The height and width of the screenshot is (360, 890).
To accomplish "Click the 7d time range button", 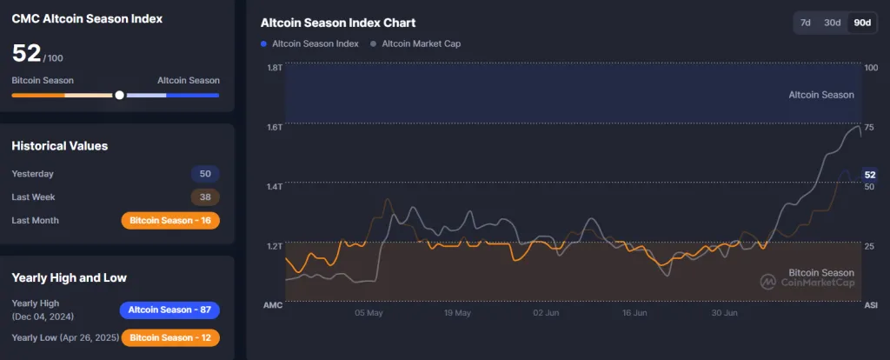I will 806,23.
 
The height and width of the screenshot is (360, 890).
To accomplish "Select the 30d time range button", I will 833,23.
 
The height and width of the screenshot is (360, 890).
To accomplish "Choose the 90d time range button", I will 862,23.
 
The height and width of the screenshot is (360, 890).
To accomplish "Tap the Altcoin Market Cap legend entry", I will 417,43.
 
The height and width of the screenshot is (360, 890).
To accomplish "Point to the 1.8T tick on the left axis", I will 275,68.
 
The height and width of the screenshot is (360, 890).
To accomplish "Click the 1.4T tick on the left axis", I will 275,187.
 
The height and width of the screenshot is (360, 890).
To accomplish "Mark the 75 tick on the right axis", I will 870,127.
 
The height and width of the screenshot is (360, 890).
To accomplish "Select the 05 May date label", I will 369,312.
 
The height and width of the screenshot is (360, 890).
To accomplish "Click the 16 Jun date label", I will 635,312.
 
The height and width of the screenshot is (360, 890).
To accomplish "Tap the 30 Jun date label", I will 725,312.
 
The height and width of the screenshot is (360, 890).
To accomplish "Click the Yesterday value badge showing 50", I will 206,174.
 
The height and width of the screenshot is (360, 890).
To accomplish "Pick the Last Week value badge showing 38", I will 206,197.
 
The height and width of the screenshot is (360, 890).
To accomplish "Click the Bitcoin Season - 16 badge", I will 170,221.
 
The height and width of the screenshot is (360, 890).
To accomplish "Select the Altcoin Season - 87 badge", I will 169,310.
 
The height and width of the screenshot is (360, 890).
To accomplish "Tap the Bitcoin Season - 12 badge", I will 170,337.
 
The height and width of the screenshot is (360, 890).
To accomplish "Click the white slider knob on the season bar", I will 119,95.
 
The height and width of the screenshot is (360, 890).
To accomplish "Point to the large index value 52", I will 26,53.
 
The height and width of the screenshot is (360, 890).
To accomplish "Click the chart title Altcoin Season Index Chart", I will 338,23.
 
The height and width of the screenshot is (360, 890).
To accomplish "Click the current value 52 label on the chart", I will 870,175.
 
